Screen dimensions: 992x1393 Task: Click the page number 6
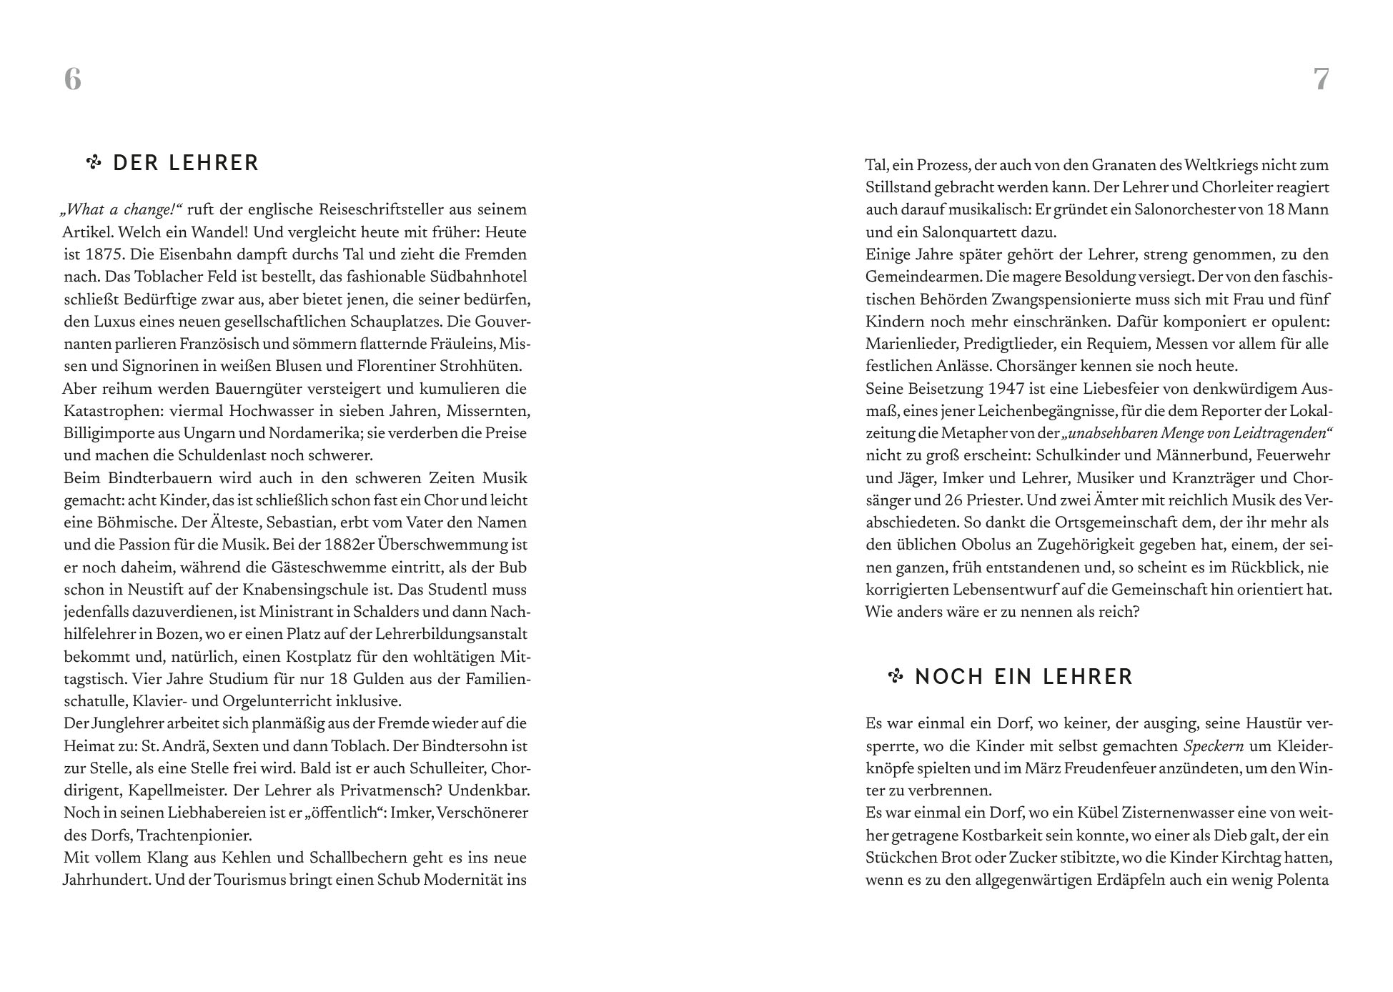(x=73, y=79)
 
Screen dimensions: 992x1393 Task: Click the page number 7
(x=1322, y=79)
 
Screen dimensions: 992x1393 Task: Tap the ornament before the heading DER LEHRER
(x=94, y=163)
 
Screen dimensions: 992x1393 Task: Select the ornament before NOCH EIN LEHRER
(x=896, y=676)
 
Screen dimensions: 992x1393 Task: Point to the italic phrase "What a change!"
(x=122, y=209)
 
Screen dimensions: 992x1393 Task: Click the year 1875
(x=104, y=254)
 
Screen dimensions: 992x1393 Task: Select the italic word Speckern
(x=1214, y=746)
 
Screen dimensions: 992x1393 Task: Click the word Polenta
(x=1302, y=880)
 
